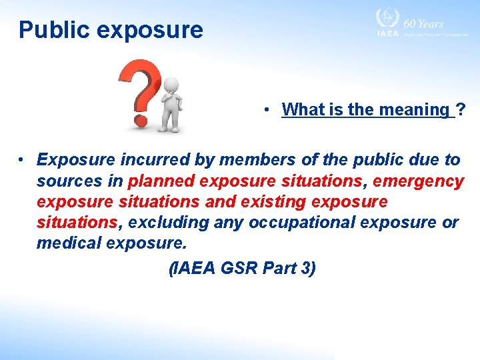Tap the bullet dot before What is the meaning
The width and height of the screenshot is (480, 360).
(x=265, y=110)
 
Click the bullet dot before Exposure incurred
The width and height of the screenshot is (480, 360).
(x=22, y=160)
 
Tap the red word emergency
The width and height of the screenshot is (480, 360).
(x=418, y=181)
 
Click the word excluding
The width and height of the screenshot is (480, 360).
(x=165, y=222)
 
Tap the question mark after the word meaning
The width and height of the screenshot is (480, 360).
(x=461, y=109)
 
